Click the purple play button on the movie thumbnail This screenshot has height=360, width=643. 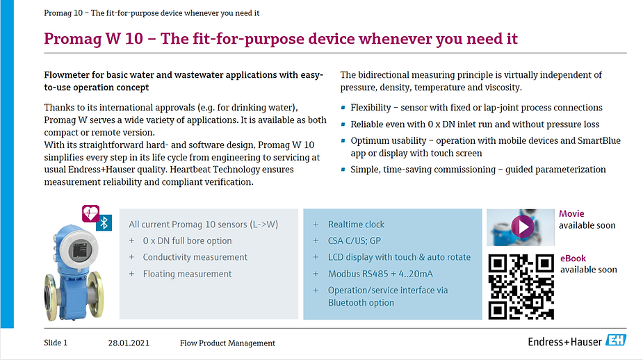(523, 227)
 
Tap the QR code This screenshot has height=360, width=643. (521, 286)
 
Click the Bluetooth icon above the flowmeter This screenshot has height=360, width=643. (104, 222)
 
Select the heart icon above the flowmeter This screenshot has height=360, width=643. (90, 213)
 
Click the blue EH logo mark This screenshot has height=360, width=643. (616, 340)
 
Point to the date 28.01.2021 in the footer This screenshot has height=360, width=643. (129, 343)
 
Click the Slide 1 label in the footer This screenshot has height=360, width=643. (56, 343)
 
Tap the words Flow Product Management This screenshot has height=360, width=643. (227, 343)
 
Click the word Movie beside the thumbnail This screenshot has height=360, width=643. (571, 213)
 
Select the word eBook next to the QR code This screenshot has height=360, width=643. (573, 259)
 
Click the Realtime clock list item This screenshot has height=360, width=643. (356, 224)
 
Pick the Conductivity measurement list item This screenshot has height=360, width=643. (195, 257)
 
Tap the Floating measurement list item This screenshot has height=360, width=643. (187, 274)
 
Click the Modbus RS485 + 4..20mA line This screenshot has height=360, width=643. (380, 274)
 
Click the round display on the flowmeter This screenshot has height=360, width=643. (80, 249)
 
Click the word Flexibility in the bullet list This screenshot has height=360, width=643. (371, 108)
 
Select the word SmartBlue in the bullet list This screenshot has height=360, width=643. (599, 140)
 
